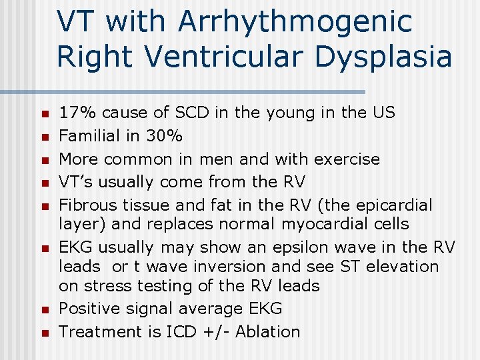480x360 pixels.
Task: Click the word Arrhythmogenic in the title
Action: pyautogui.click(x=295, y=22)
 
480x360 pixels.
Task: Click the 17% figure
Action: pyautogui.click(x=77, y=113)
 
